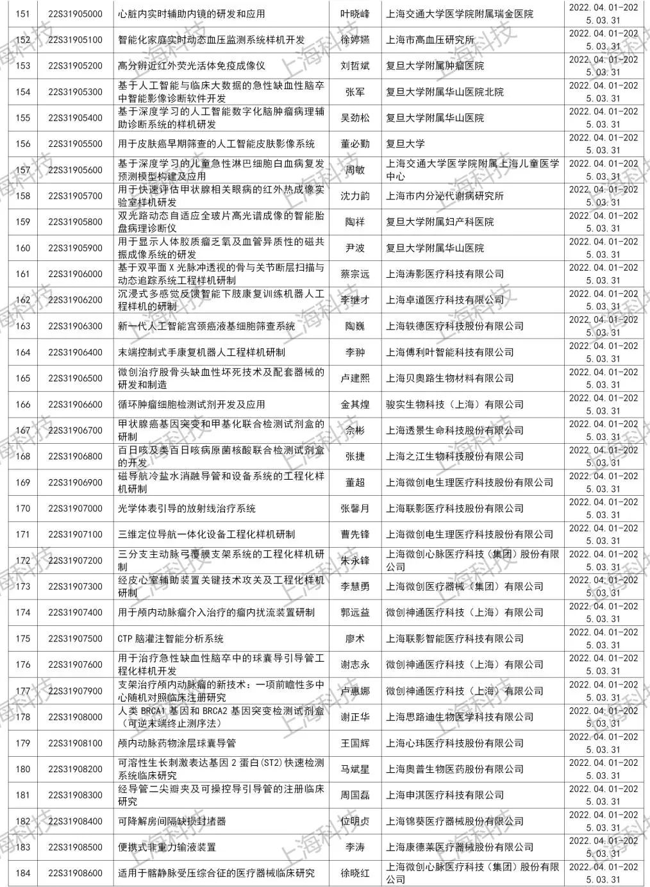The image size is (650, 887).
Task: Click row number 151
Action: (x=22, y=13)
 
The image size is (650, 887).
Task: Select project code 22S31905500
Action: (x=75, y=144)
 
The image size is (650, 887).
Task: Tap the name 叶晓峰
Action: (x=354, y=13)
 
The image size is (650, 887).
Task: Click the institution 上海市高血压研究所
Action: (x=429, y=40)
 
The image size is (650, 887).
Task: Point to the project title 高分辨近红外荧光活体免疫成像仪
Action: (x=192, y=65)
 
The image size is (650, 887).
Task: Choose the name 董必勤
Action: (x=354, y=144)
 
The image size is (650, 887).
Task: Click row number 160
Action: (x=22, y=248)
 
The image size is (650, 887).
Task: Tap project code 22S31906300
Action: (x=75, y=326)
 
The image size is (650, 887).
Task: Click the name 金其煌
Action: (x=354, y=404)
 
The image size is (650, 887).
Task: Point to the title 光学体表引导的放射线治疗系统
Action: (x=187, y=508)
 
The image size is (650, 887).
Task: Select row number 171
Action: (x=22, y=534)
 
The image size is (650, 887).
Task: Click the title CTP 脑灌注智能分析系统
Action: (x=171, y=638)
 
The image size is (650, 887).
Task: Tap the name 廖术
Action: (x=354, y=638)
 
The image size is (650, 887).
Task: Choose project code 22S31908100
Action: (x=75, y=743)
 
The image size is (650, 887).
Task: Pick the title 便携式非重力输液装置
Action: (x=167, y=847)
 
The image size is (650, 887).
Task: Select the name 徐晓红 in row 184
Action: (x=354, y=873)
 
